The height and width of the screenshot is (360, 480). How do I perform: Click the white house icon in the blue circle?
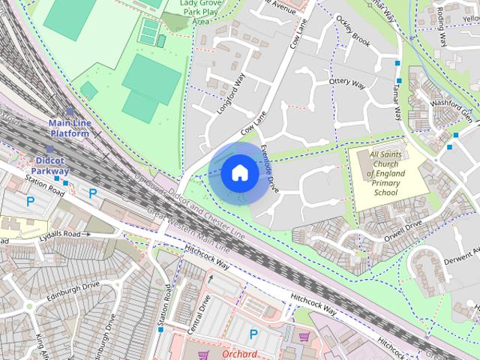click(x=238, y=173)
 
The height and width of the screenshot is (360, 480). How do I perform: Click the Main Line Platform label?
click(x=69, y=127)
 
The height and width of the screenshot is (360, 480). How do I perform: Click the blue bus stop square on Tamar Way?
click(x=398, y=79)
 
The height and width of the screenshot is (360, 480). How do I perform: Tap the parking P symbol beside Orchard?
click(x=253, y=334)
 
